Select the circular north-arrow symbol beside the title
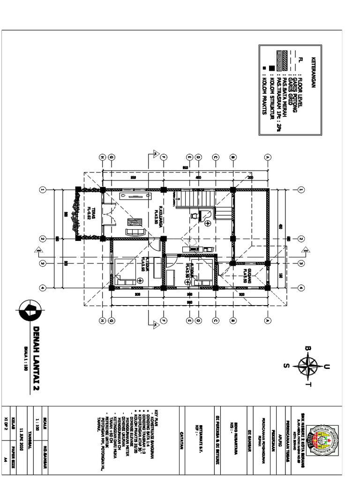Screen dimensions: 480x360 coord(30,311)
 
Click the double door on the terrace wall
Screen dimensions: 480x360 coord(108,215)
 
